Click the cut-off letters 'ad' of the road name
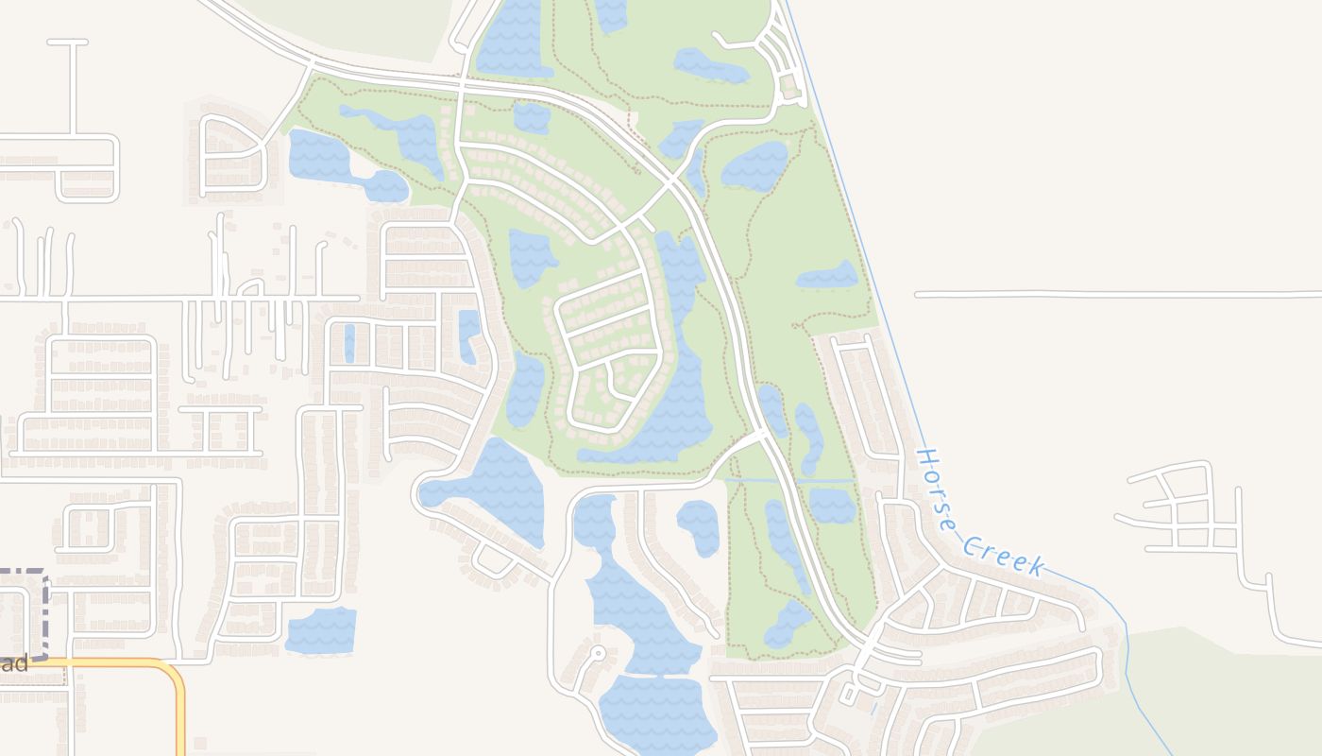pos(15,663)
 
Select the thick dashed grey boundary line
pos(43,614)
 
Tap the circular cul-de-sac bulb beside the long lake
pos(597,653)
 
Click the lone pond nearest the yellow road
pos(321,631)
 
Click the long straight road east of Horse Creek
pos(1114,295)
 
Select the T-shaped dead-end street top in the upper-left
pos(68,43)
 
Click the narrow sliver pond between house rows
pos(349,343)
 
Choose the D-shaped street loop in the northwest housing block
pos(234,156)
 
